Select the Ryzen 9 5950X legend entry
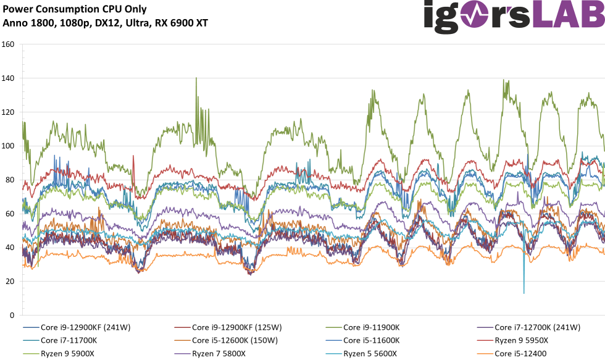[x=521, y=340]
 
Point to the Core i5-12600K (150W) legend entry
[x=235, y=340]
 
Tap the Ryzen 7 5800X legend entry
[x=219, y=353]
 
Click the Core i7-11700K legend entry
[x=68, y=340]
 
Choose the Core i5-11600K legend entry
[x=371, y=340]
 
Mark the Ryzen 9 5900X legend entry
[x=67, y=353]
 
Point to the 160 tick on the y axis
[x=8, y=45]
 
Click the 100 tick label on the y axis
[x=8, y=146]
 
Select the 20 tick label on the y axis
[x=10, y=282]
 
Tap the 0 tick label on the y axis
[x=12, y=316]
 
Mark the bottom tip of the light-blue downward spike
[x=524, y=293]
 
